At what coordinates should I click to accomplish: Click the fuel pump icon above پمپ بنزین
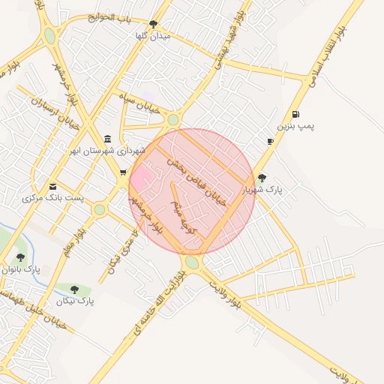(296, 115)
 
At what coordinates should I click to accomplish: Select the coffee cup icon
(270, 141)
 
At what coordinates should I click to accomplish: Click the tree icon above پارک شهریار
(261, 178)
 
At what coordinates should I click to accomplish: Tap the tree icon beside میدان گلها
(153, 24)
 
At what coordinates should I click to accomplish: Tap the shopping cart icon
(122, 172)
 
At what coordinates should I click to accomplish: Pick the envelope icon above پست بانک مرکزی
(52, 186)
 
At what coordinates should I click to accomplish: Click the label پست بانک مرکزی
(53, 199)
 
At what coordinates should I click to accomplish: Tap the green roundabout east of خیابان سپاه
(173, 120)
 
